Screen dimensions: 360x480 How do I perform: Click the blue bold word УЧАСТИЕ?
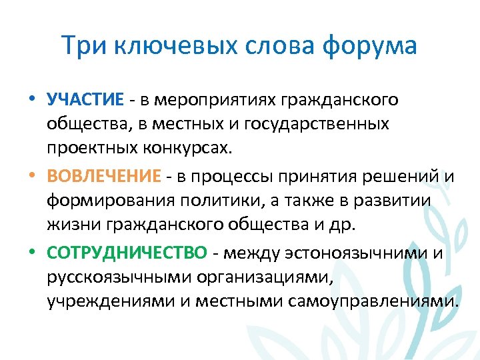pos(85,100)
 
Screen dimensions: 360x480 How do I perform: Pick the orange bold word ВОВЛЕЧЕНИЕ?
pos(104,176)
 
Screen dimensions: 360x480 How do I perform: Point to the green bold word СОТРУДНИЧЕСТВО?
pos(127,253)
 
